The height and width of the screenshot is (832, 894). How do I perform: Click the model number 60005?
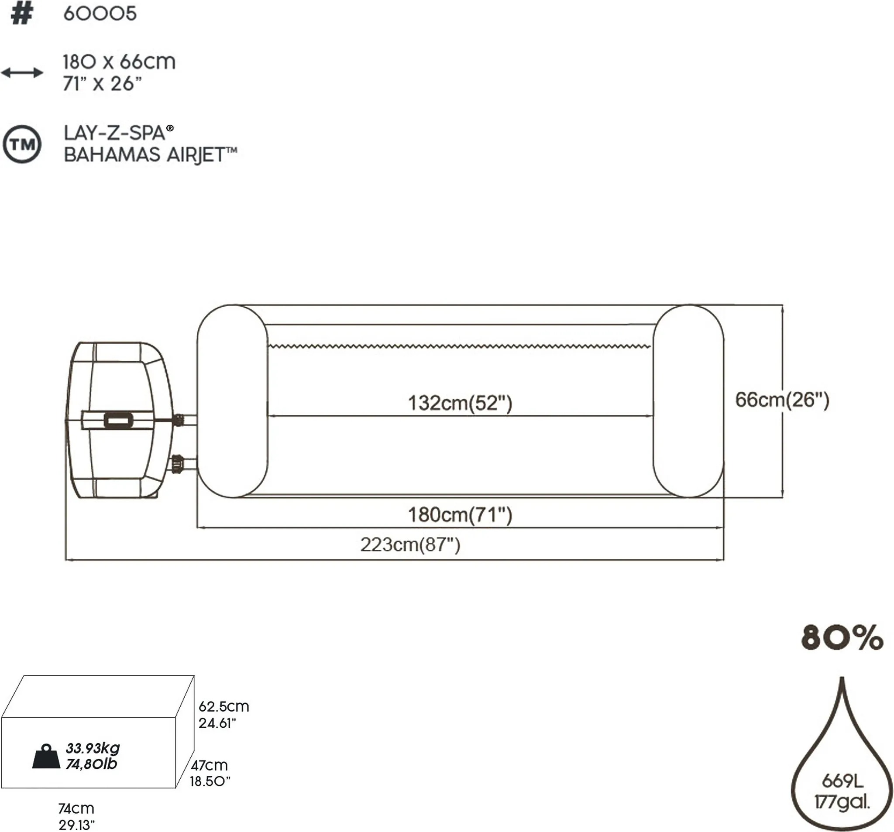(100, 14)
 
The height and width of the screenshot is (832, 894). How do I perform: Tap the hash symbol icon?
(21, 14)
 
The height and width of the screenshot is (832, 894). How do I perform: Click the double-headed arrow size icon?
(22, 72)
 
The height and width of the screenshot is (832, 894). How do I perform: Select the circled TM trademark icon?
(22, 144)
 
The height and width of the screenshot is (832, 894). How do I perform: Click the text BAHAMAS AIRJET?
(150, 155)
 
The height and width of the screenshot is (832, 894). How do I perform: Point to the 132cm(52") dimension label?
(460, 403)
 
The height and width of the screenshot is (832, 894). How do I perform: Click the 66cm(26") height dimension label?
(781, 400)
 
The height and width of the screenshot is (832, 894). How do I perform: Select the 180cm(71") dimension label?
(460, 515)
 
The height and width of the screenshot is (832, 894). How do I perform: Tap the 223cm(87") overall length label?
(410, 545)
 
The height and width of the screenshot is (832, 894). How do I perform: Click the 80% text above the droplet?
(842, 637)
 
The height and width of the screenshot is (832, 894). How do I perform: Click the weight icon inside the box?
(46, 757)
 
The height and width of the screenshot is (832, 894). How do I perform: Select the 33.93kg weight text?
(93, 748)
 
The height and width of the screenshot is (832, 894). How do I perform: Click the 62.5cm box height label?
(223, 706)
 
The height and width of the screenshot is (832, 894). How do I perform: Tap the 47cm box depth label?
(209, 764)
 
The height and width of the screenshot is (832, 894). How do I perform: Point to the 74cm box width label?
(76, 808)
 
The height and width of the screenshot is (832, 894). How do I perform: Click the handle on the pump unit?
(118, 420)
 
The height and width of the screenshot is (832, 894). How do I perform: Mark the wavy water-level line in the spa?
(459, 346)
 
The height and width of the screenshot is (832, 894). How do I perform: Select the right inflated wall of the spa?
(688, 401)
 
